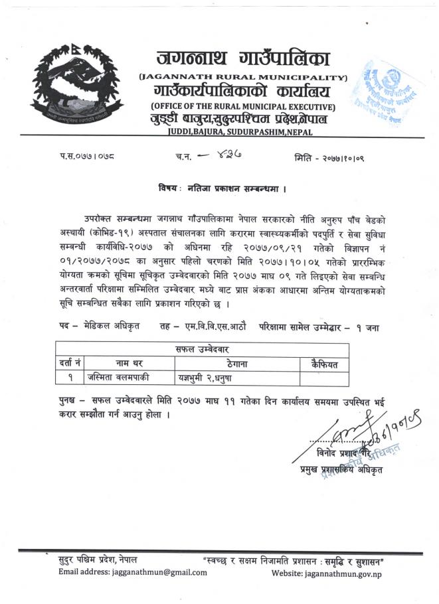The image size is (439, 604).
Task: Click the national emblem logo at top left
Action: coord(76,83)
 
